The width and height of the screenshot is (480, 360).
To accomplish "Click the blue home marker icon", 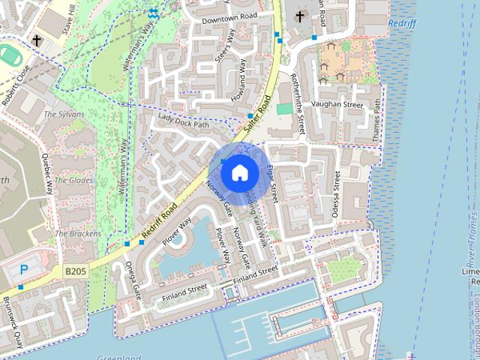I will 239,172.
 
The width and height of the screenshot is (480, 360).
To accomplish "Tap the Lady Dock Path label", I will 183,121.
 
